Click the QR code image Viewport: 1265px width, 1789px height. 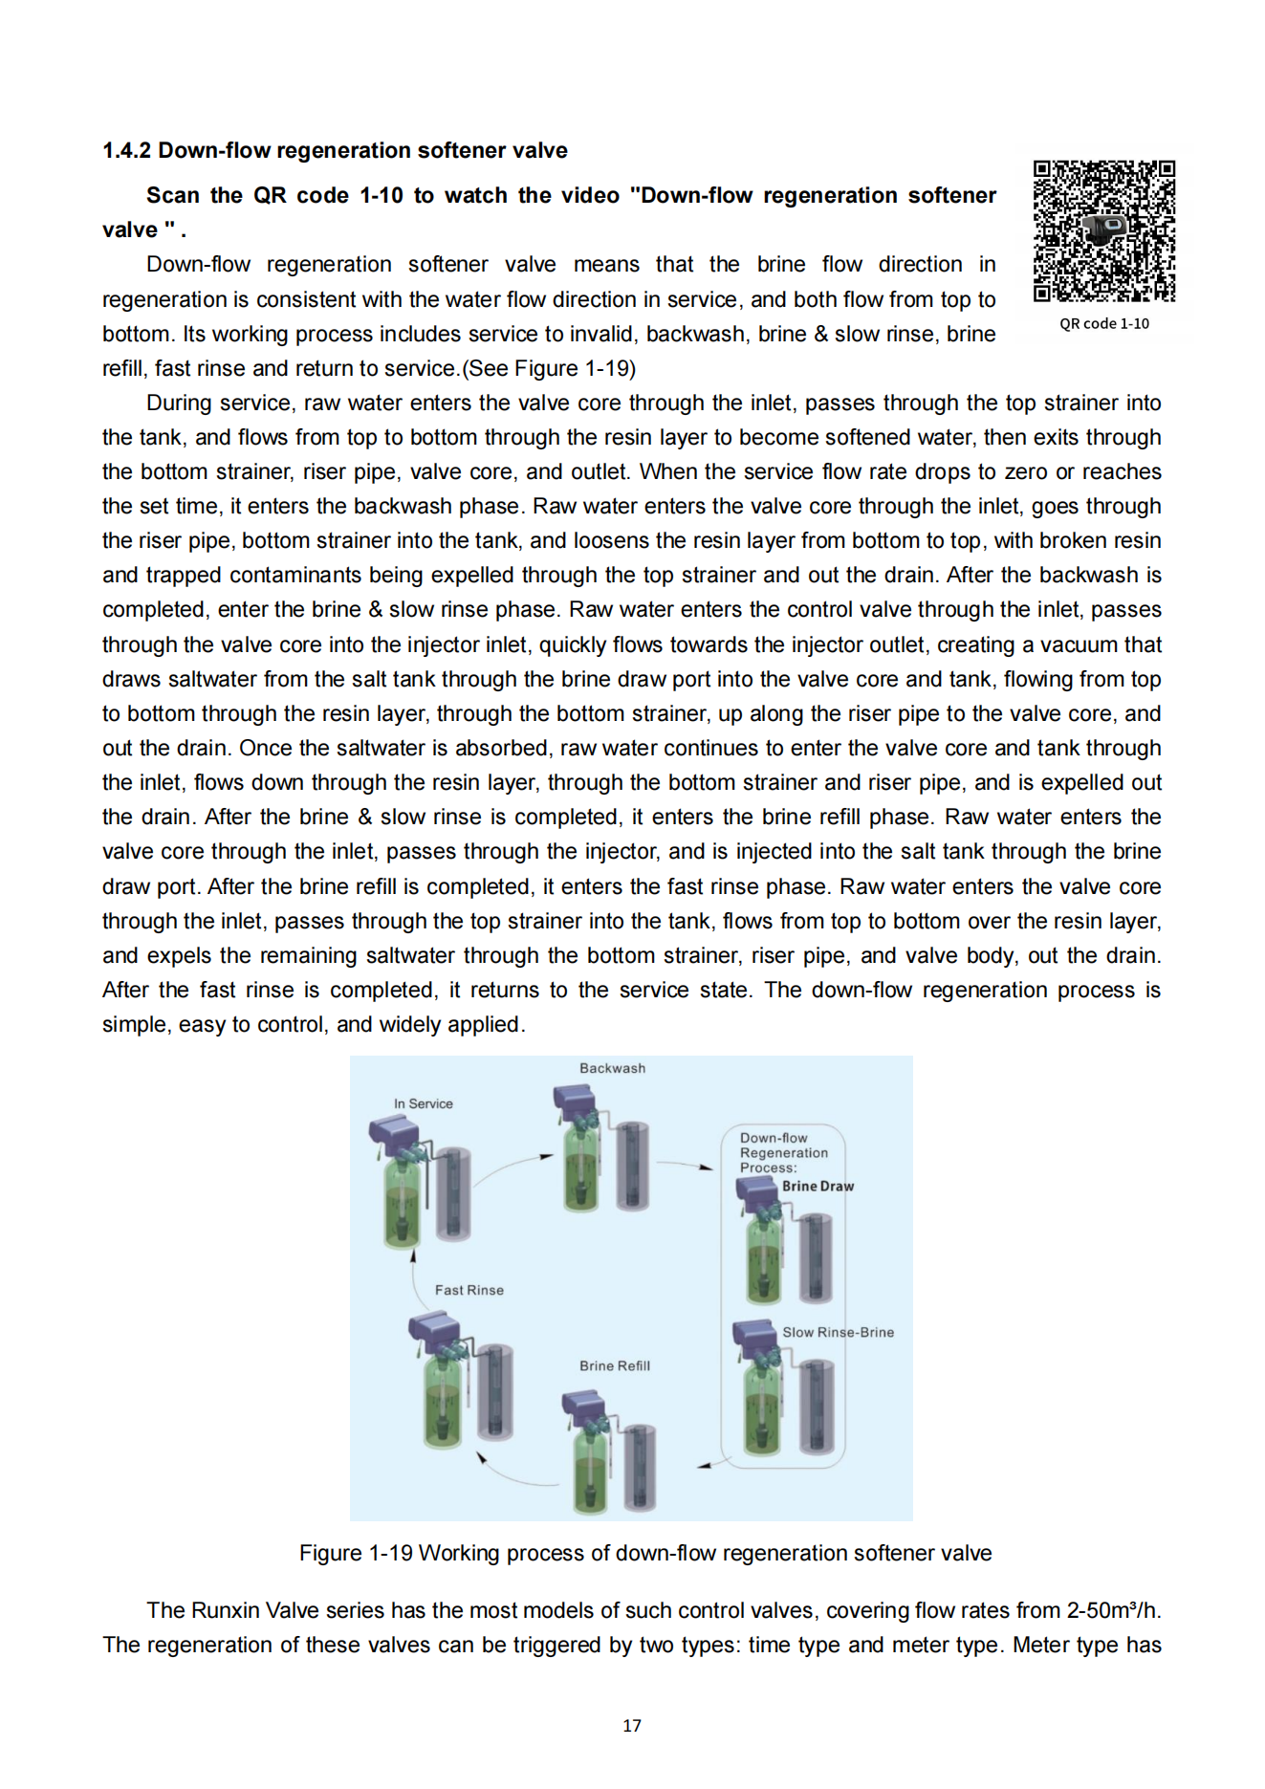pos(1103,231)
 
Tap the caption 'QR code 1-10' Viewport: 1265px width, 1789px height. pos(1103,324)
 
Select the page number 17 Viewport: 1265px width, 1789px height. pos(631,1726)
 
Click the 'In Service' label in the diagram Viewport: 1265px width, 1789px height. pos(423,1104)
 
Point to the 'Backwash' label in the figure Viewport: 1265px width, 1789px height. pos(612,1069)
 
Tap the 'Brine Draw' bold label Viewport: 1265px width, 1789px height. pos(818,1187)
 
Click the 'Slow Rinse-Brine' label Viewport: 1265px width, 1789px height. pos(838,1333)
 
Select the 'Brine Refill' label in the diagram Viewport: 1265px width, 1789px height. pos(614,1366)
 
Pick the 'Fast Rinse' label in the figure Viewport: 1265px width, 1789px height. pos(469,1291)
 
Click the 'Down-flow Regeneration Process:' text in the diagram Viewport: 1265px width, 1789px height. pos(783,1153)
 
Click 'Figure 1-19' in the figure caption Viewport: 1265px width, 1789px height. pos(356,1554)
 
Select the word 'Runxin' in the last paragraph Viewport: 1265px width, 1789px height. pos(226,1611)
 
